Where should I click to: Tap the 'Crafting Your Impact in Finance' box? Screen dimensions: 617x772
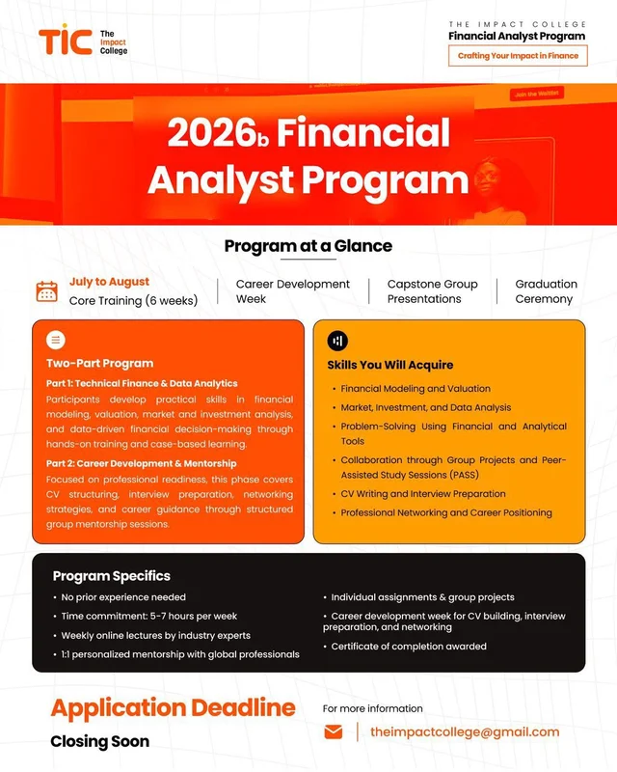point(518,56)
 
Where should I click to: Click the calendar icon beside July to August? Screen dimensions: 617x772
point(46,291)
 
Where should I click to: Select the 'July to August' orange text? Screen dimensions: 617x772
point(109,282)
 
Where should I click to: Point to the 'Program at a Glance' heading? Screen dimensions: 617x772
point(308,246)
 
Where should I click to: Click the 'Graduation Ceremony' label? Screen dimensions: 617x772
point(547,291)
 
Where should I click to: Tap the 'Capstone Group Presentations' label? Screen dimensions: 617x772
point(433,291)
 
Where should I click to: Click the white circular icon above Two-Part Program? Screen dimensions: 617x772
point(56,340)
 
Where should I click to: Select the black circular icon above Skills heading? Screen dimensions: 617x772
point(337,341)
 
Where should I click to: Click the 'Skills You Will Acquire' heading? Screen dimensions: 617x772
point(390,365)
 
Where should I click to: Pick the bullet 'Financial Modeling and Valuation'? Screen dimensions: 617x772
point(416,389)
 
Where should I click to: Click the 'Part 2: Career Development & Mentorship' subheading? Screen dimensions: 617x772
point(141,463)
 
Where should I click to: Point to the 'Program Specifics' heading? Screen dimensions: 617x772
point(112,576)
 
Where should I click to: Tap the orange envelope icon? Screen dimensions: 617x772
point(334,732)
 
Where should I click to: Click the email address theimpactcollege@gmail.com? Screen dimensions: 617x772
point(465,732)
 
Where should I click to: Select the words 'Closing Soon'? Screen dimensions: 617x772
point(100,741)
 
